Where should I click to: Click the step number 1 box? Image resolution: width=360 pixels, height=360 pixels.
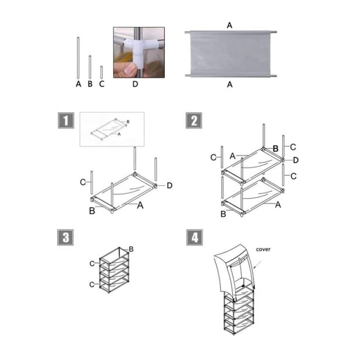66,121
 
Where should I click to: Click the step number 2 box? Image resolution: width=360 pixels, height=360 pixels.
194,121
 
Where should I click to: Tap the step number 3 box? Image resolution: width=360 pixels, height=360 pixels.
66,237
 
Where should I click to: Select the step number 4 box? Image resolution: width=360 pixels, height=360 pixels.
194,237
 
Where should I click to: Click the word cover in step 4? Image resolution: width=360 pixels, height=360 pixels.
263,249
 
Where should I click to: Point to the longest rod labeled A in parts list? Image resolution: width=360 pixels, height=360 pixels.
78,58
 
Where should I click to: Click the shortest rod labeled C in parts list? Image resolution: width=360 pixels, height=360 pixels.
101,72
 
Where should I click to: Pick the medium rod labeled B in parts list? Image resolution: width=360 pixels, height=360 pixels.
90,67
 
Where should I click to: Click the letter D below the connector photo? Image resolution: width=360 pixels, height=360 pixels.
135,84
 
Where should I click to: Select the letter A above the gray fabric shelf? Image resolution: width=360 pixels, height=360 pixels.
229,25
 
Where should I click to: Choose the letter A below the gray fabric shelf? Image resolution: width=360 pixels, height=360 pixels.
230,85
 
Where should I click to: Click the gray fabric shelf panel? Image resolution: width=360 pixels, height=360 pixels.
231,54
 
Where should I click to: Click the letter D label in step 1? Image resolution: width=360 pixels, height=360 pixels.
169,186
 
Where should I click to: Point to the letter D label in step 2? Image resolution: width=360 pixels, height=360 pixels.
296,160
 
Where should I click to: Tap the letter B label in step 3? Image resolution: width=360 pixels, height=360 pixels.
131,249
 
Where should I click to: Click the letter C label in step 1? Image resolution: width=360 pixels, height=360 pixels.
83,182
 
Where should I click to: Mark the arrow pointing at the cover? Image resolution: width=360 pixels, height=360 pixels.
258,264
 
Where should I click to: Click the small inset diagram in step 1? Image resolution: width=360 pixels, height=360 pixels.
112,129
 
